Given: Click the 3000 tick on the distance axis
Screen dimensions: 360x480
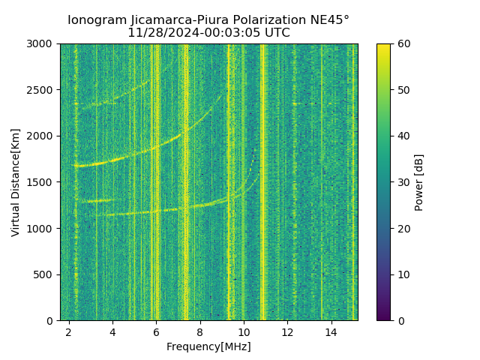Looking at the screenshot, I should coord(43,44).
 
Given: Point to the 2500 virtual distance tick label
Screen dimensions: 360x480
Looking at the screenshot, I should coord(43,90).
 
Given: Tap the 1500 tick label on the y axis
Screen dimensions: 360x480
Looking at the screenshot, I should coord(43,182).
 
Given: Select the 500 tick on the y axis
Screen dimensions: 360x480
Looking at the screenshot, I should coord(46,274).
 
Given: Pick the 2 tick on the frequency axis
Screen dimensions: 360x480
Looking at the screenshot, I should coord(69,331).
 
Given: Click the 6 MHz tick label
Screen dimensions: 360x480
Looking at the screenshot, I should coord(156,331).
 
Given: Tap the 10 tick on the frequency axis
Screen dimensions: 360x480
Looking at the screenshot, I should coord(244,331).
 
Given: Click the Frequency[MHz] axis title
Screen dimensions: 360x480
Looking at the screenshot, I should coord(208,346).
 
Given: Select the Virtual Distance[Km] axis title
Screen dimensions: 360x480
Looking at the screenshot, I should coord(16,182).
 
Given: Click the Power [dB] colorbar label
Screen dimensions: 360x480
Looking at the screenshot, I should coord(419,182).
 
